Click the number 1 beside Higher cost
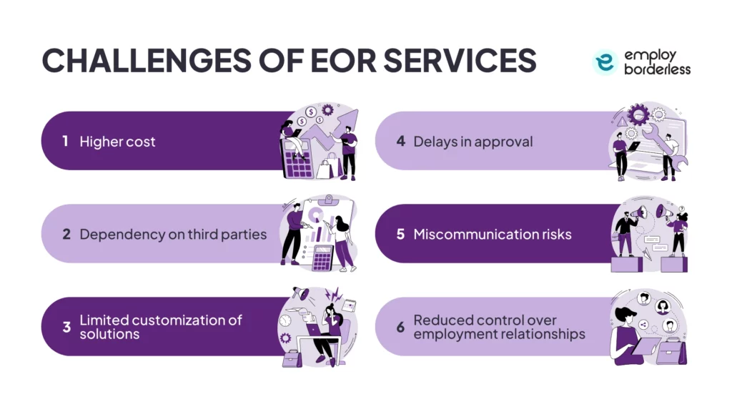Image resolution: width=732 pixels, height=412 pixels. click(x=65, y=141)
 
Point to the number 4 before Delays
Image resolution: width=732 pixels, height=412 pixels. click(x=400, y=141)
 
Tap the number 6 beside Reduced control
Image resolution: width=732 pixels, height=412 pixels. click(x=400, y=327)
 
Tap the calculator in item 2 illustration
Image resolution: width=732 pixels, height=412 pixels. click(x=322, y=257)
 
